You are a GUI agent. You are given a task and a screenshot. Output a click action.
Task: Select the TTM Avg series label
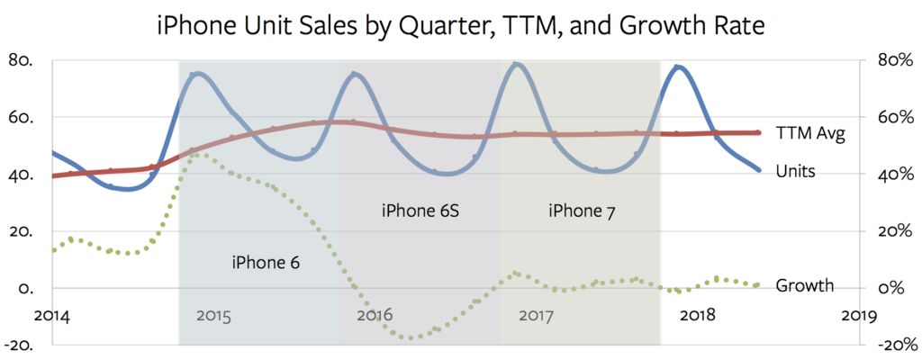pos(809,133)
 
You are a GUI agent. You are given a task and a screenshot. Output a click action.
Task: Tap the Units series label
pos(795,170)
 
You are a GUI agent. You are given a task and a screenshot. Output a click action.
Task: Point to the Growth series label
pos(805,286)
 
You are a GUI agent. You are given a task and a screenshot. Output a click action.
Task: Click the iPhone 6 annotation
pos(265,263)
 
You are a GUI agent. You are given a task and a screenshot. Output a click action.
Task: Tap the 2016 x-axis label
pos(375,316)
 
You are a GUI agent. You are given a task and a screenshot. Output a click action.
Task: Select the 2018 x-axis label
pos(698,316)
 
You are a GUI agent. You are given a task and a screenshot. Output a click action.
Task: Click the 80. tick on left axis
pos(20,60)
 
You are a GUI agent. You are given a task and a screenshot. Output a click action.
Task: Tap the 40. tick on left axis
pos(20,175)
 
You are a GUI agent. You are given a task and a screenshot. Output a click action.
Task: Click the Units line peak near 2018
pos(679,67)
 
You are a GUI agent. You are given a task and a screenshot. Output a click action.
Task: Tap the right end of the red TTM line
pos(758,132)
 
